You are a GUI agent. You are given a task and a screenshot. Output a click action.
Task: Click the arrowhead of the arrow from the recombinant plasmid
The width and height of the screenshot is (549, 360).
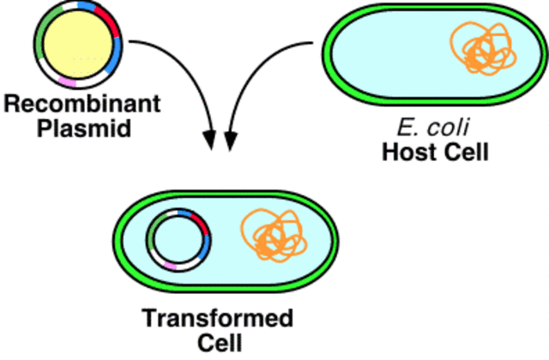pos(209,138)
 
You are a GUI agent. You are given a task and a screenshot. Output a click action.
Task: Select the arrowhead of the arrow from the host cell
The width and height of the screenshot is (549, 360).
pos(229,138)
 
